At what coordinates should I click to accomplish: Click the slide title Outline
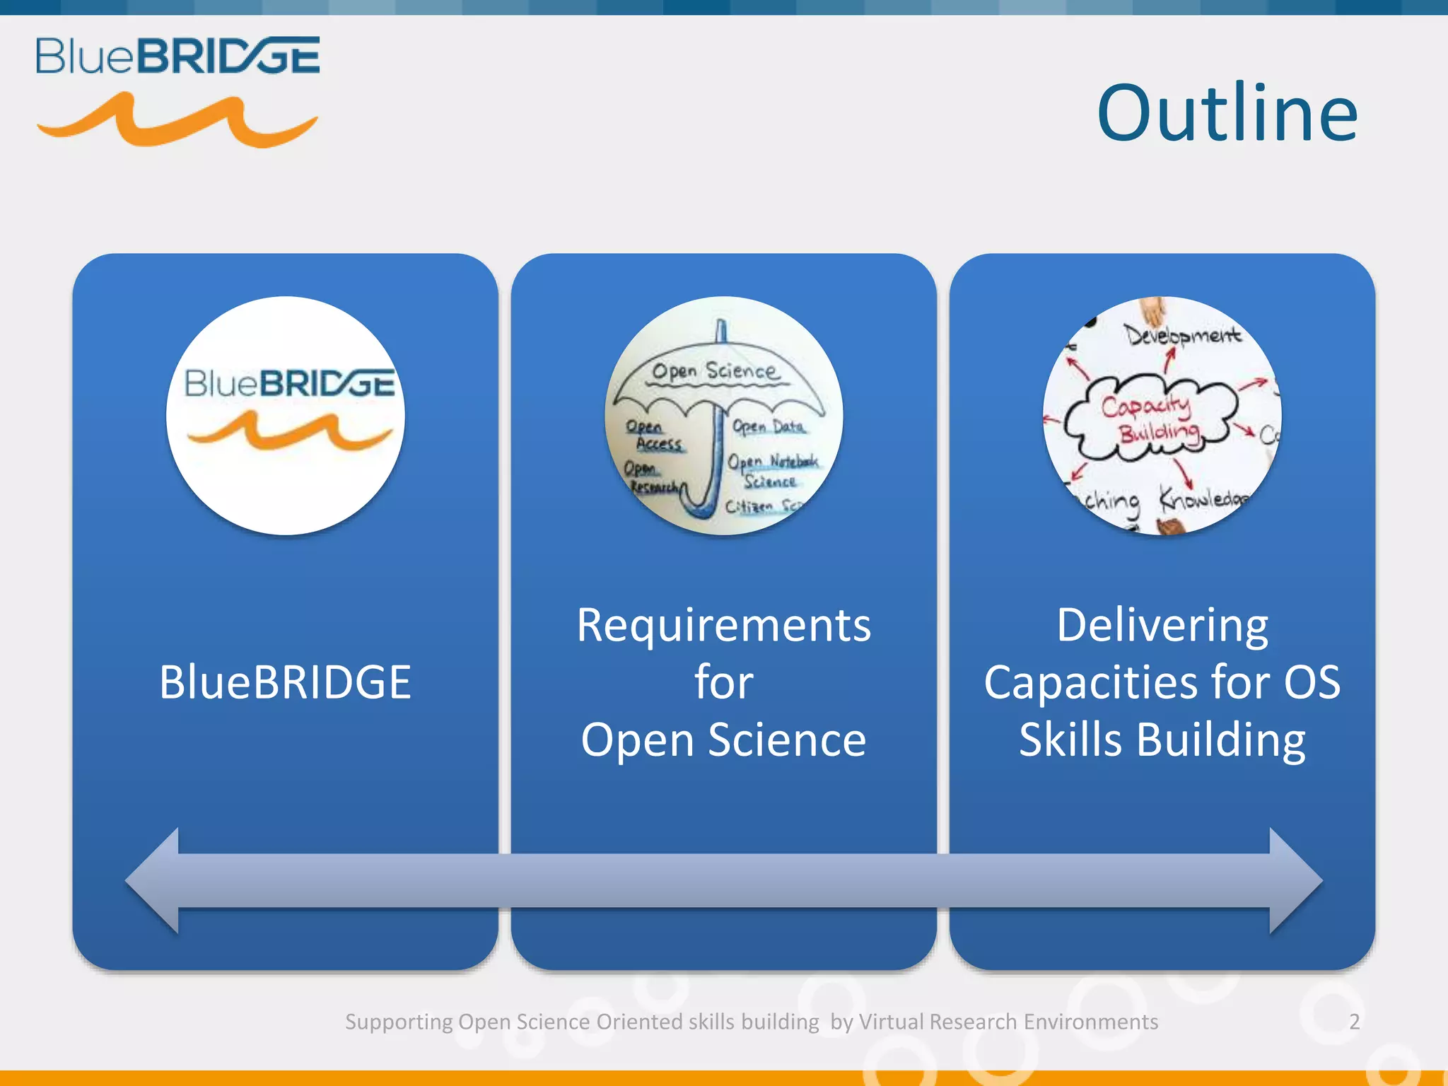click(x=1227, y=113)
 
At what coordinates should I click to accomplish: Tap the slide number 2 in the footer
click(x=1354, y=1022)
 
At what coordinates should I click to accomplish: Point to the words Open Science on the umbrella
click(x=714, y=371)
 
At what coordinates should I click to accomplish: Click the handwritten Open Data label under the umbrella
click(x=769, y=427)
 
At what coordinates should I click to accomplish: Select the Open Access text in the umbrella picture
click(x=654, y=436)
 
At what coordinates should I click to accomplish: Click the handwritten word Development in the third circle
click(x=1182, y=334)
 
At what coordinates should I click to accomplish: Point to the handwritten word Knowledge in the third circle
click(x=1202, y=499)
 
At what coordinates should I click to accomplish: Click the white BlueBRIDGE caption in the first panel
click(x=285, y=682)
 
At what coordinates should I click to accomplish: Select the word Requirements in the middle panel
click(x=723, y=625)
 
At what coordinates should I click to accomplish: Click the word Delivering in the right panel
click(x=1162, y=625)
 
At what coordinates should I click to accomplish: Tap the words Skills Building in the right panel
click(x=1162, y=740)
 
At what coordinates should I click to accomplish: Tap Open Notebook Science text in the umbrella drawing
click(x=772, y=470)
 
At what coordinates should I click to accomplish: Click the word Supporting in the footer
click(x=399, y=1022)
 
